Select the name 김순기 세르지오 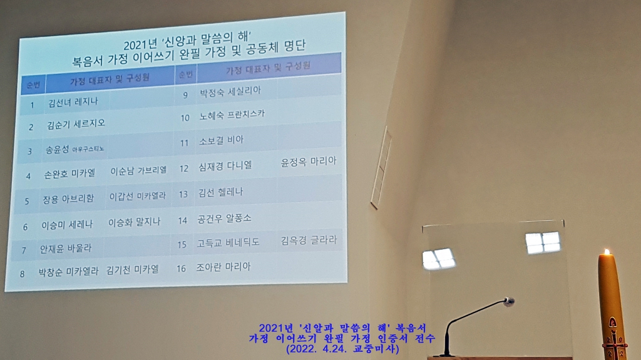coord(76,124)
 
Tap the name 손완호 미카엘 coord(69,174)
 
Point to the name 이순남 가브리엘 coord(138,170)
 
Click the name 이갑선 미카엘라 coord(137,197)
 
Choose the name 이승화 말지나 coord(134,222)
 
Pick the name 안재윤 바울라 coord(65,249)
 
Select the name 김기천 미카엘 coord(133,270)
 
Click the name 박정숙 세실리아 coord(230,91)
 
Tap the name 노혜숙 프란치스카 coord(232,115)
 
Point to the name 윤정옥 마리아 coord(309,162)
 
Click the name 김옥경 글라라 coord(309,240)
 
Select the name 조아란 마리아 coord(223,267)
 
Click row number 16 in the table coord(181,269)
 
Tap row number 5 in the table coord(27,201)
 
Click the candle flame coord(607,252)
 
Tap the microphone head coord(509,302)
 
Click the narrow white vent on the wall coord(381,168)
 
